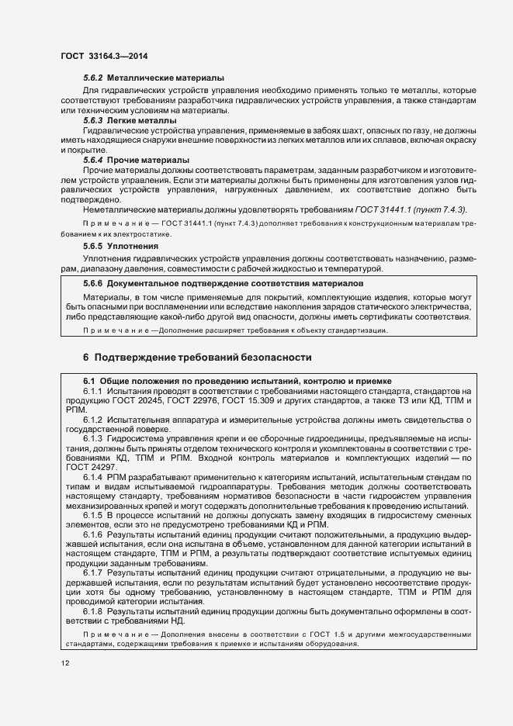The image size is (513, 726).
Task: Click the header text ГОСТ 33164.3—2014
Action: pos(104,57)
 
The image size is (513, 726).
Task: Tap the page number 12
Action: pos(64,663)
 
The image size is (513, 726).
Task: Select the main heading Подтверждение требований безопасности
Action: pos(203,358)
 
